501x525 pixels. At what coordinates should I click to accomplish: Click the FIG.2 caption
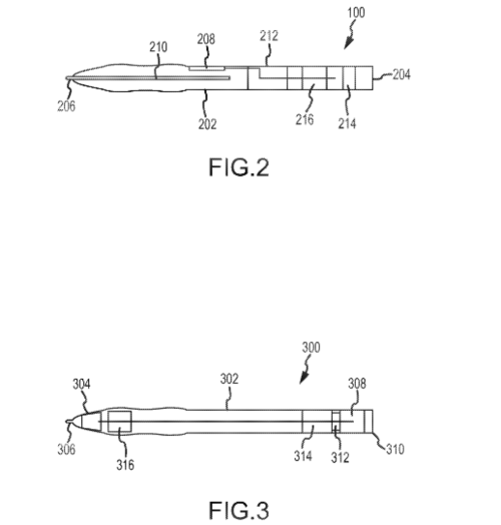[x=239, y=167]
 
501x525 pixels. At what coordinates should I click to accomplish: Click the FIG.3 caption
[x=239, y=510]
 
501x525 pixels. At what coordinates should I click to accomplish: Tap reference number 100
[x=356, y=13]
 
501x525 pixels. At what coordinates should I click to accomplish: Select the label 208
[x=206, y=39]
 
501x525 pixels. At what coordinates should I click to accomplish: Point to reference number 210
[x=159, y=46]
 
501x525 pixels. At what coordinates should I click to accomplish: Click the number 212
[x=269, y=36]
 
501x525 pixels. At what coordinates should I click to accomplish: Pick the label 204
[x=401, y=74]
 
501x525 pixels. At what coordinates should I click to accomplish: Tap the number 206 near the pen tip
[x=67, y=106]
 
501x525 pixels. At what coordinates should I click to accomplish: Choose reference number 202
[x=207, y=124]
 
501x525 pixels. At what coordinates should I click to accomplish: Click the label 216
[x=305, y=120]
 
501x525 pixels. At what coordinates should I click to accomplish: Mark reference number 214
[x=347, y=124]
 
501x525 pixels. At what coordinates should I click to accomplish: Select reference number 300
[x=311, y=347]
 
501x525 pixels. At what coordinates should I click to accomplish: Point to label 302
[x=229, y=379]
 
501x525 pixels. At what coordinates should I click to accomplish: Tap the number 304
[x=81, y=384]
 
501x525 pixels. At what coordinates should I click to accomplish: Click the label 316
[x=126, y=465]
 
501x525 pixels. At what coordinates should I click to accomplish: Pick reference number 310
[x=396, y=449]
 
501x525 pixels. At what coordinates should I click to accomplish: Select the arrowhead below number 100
[x=348, y=44]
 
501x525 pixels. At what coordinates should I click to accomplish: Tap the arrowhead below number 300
[x=304, y=378]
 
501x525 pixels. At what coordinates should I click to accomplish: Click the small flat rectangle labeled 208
[x=207, y=69]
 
